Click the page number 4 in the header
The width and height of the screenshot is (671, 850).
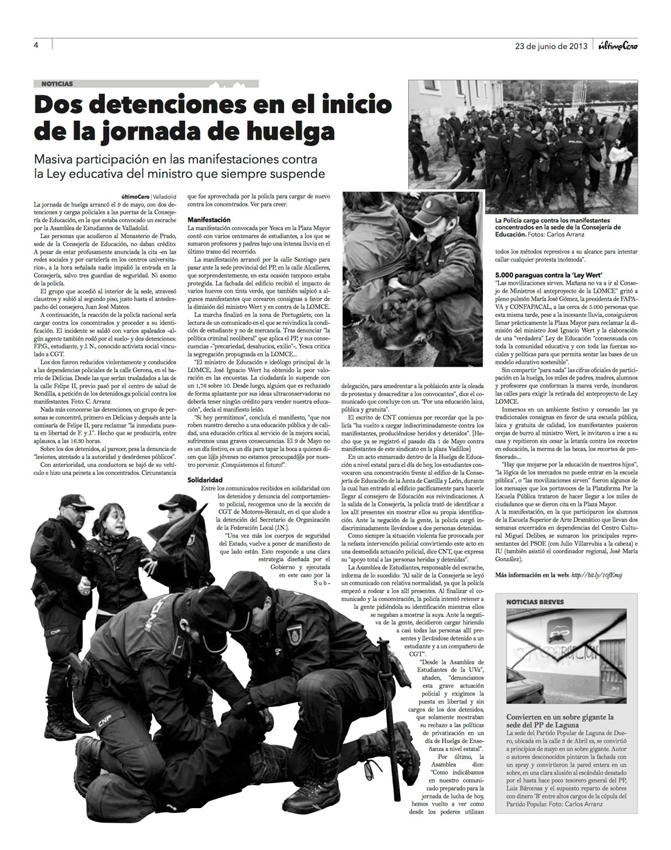pyautogui.click(x=36, y=44)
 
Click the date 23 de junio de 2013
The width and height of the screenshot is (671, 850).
pyautogui.click(x=551, y=45)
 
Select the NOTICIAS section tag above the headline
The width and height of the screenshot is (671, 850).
pyautogui.click(x=58, y=84)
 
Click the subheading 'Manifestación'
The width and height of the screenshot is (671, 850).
pyautogui.click(x=209, y=219)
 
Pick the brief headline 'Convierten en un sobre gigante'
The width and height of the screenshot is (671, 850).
pyautogui.click(x=560, y=717)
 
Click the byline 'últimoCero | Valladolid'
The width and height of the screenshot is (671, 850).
pyautogui.click(x=149, y=197)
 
